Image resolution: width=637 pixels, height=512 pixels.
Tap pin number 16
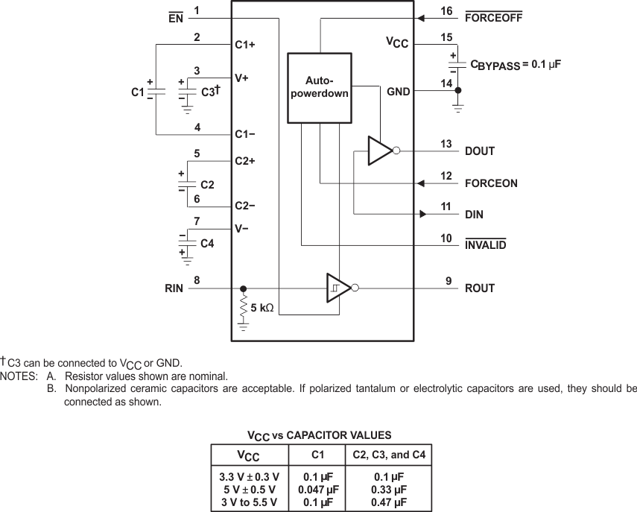446,10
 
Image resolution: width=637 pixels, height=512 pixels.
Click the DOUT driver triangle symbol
379,151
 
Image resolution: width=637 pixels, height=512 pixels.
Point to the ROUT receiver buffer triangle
338,288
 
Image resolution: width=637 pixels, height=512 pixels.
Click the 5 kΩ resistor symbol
243,306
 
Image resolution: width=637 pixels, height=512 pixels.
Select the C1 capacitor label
137,92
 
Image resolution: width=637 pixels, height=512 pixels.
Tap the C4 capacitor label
208,243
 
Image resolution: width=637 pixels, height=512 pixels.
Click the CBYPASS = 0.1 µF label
515,65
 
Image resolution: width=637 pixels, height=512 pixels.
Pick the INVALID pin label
486,245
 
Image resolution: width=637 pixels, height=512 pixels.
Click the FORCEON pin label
490,183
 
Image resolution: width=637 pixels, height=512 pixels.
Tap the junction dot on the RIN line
243,288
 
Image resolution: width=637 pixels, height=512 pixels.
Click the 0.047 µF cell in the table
317,490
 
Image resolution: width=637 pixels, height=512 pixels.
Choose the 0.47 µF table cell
388,502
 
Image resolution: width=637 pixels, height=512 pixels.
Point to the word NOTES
20,376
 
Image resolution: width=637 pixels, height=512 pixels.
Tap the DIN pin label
474,215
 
